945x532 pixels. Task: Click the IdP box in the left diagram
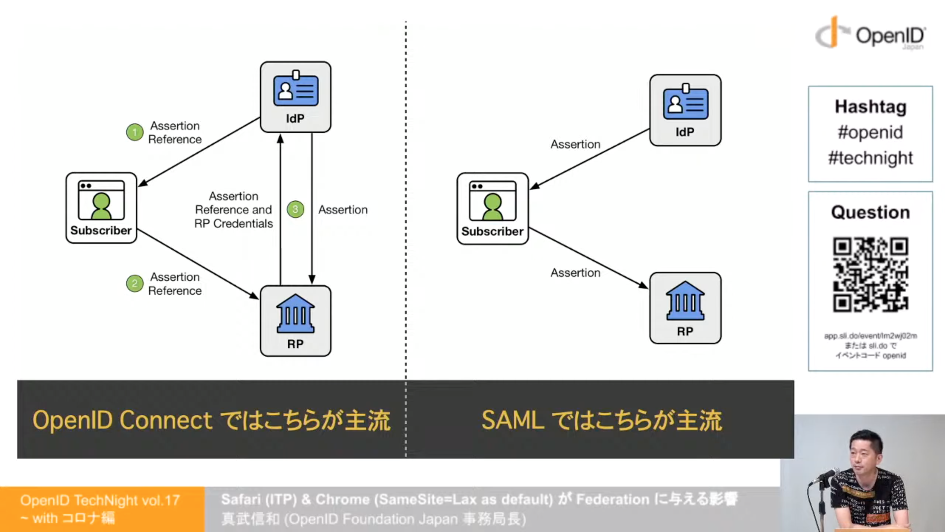pyautogui.click(x=295, y=97)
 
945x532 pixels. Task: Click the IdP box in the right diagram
pyautogui.click(x=685, y=110)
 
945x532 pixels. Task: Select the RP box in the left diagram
pyautogui.click(x=295, y=321)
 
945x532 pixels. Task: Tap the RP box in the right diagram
pyautogui.click(x=685, y=308)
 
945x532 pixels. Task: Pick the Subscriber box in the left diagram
pyautogui.click(x=101, y=208)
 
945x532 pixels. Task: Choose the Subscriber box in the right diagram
pyautogui.click(x=492, y=208)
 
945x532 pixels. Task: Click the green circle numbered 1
pyautogui.click(x=134, y=132)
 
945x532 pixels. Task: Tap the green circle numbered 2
pyautogui.click(x=134, y=283)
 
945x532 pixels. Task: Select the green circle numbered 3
pyautogui.click(x=295, y=209)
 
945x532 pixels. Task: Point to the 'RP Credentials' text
pyautogui.click(x=233, y=224)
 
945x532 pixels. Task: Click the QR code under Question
pyautogui.click(x=870, y=274)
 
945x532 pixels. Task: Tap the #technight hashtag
pyautogui.click(x=870, y=158)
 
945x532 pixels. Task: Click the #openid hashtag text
pyautogui.click(x=870, y=133)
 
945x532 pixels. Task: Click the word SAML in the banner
pyautogui.click(x=512, y=421)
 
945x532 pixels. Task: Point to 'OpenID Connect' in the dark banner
pyautogui.click(x=122, y=421)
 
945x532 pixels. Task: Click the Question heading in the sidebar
pyautogui.click(x=870, y=212)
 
